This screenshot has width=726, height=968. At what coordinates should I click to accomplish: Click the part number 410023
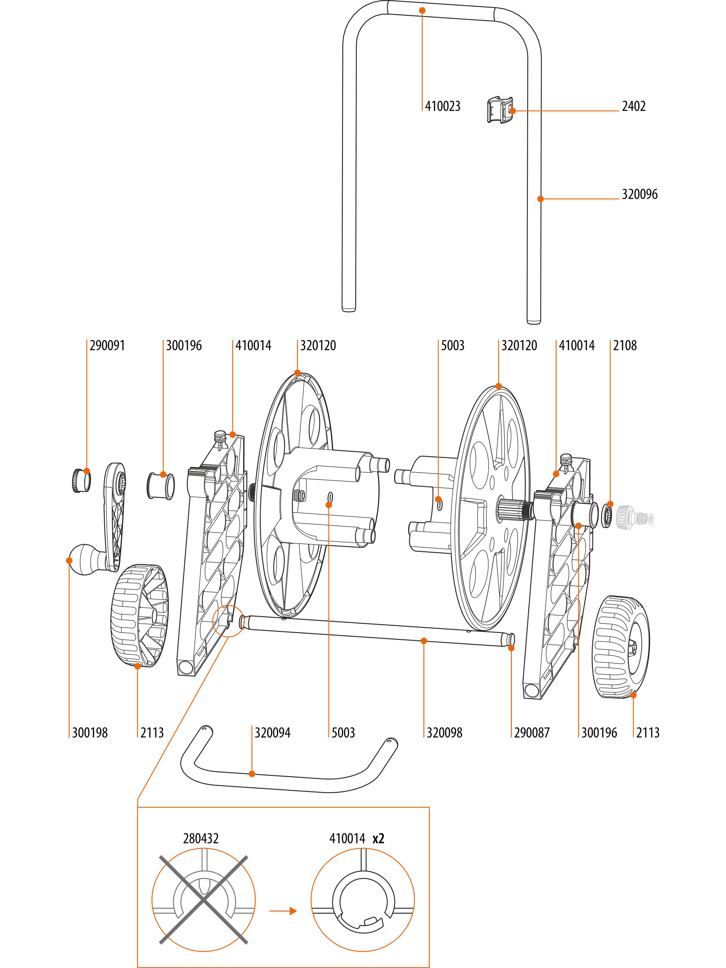pos(442,106)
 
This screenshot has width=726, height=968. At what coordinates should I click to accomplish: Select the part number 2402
pos(633,106)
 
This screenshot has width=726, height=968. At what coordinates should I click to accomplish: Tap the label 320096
pos(639,194)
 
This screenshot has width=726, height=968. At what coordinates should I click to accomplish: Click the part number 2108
pos(624,346)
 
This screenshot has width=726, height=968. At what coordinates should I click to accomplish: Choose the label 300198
pos(90,733)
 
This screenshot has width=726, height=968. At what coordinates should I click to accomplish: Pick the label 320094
pos(272,733)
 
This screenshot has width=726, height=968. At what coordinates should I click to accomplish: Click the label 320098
pos(444,733)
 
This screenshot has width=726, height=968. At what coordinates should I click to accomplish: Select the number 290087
pos(531,733)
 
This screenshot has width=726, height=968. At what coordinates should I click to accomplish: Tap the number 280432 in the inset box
pos(200,839)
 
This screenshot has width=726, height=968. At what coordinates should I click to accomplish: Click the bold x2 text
pos(378,839)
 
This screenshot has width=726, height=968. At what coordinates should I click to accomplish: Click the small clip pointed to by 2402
pos(499,110)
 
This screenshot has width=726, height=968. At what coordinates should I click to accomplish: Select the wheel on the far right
pos(620,646)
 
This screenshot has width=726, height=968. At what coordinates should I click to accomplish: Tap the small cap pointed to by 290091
pos(81,481)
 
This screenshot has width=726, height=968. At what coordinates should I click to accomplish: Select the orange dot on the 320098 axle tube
pos(423,640)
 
